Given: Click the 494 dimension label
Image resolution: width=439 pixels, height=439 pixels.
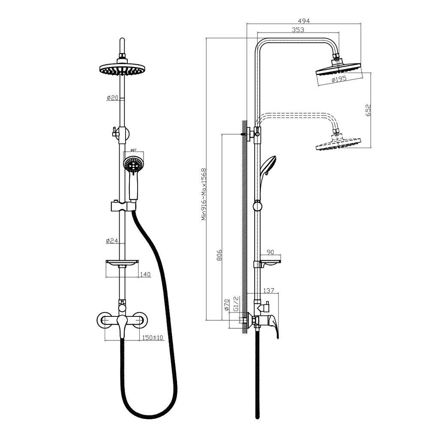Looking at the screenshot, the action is (304, 21).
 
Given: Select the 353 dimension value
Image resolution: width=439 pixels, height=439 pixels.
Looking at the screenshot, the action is (298, 30).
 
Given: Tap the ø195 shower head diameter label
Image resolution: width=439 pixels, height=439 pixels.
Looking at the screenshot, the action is (339, 79).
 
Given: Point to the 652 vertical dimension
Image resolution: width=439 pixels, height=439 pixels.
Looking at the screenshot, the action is (368, 110).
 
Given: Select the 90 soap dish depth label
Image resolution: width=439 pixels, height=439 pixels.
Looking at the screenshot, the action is (270, 252).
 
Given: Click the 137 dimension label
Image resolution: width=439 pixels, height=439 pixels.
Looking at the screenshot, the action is (268, 291).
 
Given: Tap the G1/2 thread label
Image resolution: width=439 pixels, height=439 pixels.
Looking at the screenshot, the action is (236, 304).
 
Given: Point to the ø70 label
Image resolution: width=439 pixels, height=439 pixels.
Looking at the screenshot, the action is (226, 305).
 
